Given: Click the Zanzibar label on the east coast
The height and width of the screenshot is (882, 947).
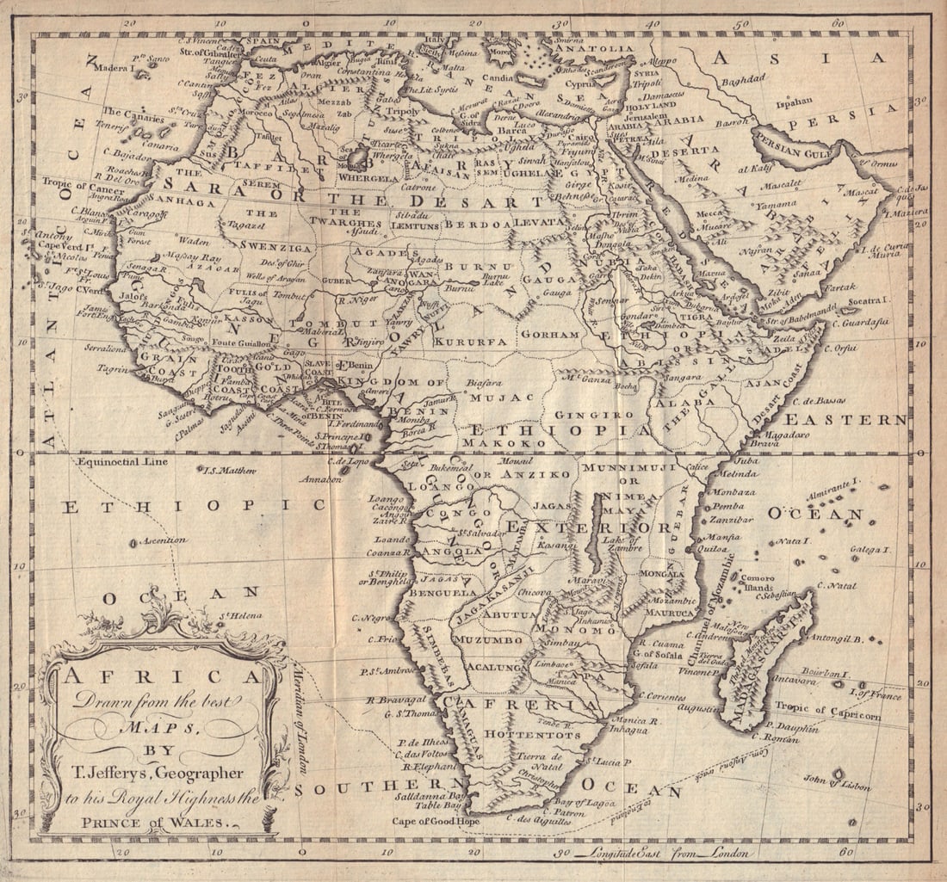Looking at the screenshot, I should click(733, 520).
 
